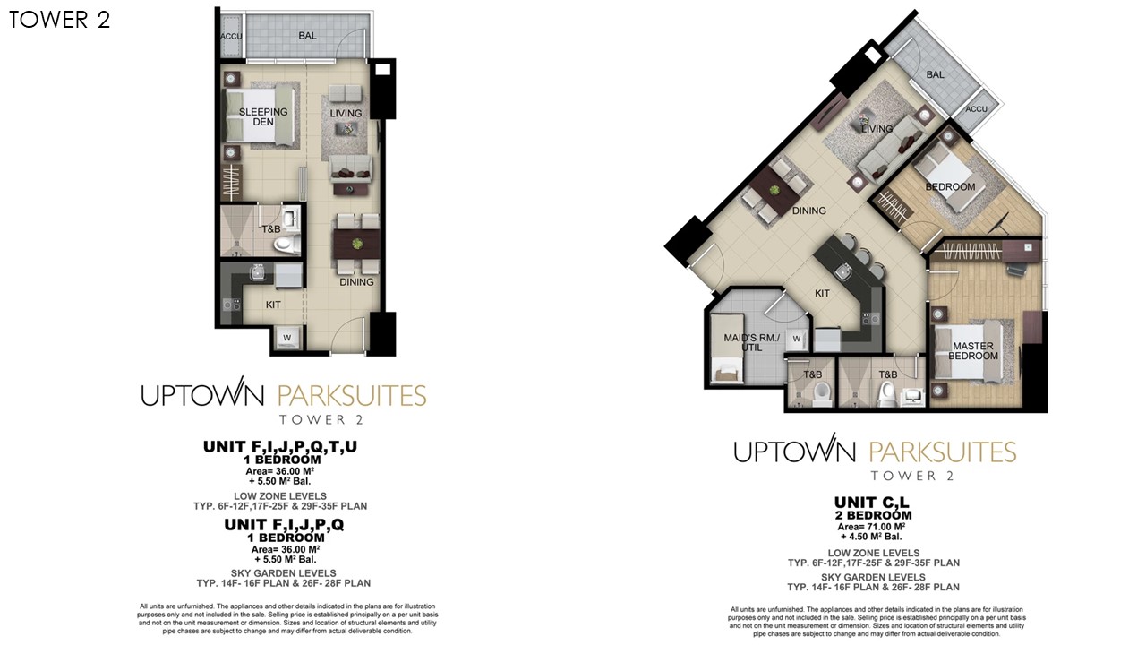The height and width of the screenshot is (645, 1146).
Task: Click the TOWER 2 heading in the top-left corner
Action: [59, 20]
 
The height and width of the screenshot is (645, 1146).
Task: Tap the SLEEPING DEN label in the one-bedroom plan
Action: [263, 116]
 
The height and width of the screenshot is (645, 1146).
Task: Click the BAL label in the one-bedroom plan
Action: [307, 35]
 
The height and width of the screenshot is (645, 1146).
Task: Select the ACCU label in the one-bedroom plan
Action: [231, 37]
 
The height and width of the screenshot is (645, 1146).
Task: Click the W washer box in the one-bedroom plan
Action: [287, 338]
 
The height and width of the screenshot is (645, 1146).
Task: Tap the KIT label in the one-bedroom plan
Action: [273, 305]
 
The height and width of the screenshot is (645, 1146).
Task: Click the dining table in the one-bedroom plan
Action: [356, 244]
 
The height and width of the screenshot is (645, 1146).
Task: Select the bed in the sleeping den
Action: [260, 116]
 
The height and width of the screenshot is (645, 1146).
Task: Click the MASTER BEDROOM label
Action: [973, 351]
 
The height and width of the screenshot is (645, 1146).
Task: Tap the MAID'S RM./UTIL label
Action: [751, 342]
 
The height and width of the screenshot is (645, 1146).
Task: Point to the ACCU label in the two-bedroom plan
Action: [976, 109]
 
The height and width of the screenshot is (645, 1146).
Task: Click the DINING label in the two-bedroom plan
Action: [808, 211]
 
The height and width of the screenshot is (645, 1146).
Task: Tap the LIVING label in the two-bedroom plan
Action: [877, 129]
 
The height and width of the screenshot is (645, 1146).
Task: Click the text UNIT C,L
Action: [872, 503]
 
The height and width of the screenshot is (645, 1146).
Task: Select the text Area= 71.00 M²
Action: [871, 527]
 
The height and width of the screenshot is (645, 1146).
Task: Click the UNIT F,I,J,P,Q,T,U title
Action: [280, 447]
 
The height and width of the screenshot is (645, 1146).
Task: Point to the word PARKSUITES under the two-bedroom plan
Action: [943, 452]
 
